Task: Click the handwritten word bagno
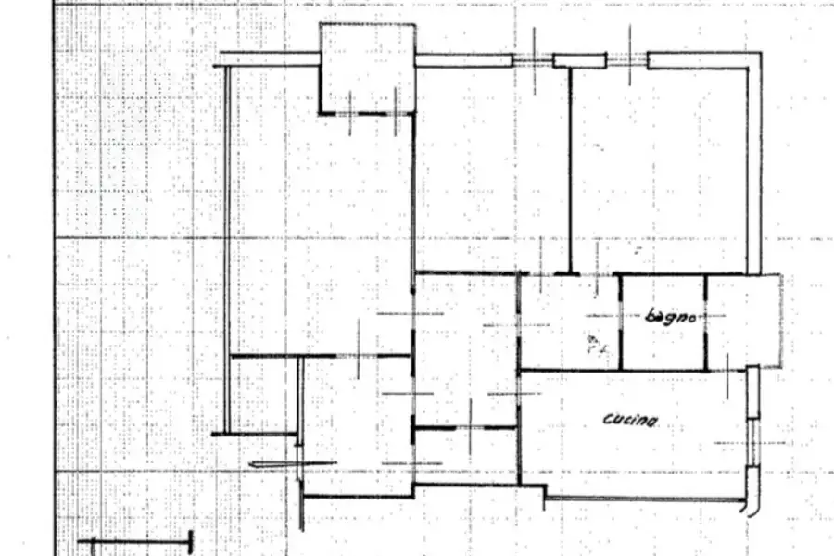tap(670, 317)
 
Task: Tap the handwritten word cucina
tap(630, 420)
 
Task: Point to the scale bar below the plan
tap(135, 542)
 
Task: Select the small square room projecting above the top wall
tap(368, 69)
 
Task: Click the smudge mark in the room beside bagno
tap(596, 345)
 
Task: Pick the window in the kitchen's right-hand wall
tap(752, 442)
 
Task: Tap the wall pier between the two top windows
tap(580, 60)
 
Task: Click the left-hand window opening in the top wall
tap(533, 60)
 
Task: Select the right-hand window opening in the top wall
tap(627, 60)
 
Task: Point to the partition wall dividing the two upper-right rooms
tap(570, 171)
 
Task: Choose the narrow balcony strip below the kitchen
tap(645, 499)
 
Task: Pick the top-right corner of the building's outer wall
tap(761, 52)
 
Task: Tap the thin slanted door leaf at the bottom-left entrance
tap(293, 464)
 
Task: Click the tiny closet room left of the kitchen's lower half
tap(466, 456)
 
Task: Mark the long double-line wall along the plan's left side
tap(227, 249)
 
